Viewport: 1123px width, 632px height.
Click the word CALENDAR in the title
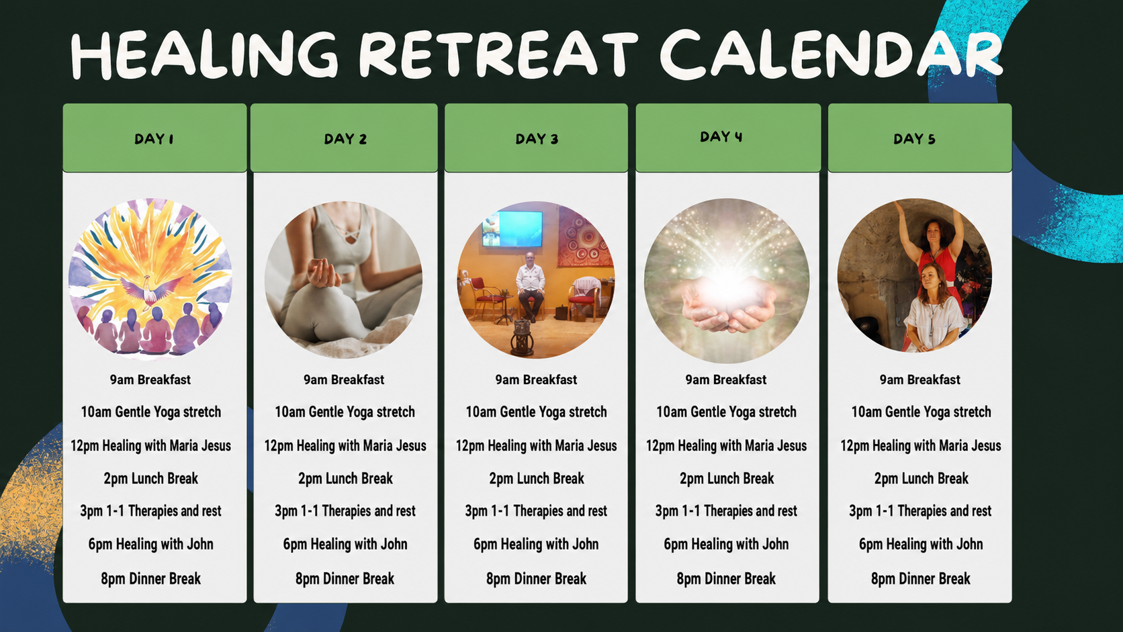point(832,54)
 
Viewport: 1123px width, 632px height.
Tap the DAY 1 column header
point(154,138)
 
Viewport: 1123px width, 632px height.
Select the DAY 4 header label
point(721,136)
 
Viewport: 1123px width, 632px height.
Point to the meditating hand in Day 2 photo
point(322,273)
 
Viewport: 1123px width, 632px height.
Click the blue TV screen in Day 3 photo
point(512,228)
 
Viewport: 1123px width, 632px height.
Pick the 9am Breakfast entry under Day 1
point(150,379)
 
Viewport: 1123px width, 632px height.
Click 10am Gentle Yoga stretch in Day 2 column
point(345,412)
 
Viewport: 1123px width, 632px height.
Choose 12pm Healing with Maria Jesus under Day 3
point(536,445)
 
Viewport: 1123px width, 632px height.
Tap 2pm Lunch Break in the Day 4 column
point(727,479)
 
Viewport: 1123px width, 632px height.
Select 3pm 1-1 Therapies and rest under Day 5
point(920,510)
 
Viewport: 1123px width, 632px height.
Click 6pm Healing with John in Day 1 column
point(151,544)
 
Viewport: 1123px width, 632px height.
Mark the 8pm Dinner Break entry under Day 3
point(536,579)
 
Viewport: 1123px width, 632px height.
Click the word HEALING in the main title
point(204,54)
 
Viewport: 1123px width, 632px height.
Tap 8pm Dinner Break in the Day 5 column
point(920,579)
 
